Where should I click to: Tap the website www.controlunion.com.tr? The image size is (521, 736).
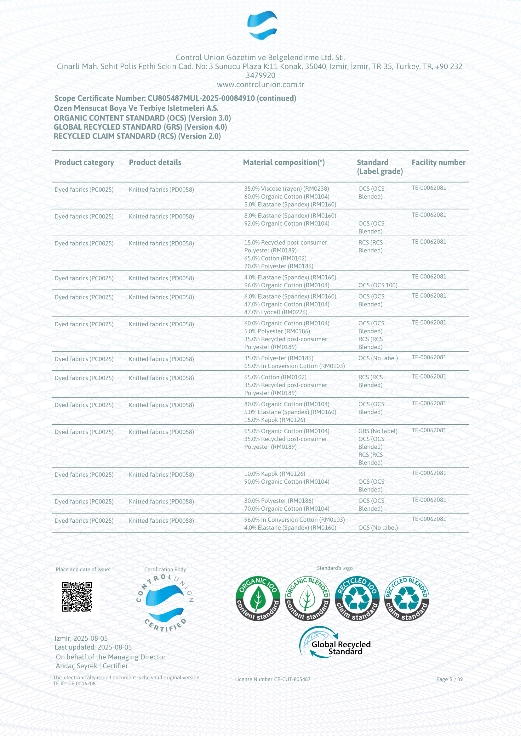click(x=260, y=85)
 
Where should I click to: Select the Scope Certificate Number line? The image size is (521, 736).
click(x=175, y=98)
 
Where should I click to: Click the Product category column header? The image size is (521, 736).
click(x=84, y=162)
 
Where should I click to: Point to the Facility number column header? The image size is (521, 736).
click(x=438, y=162)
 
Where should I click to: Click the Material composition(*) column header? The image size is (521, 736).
click(x=283, y=162)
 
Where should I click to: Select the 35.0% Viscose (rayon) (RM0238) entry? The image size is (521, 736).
click(x=286, y=189)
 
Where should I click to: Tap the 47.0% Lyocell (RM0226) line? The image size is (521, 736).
click(x=276, y=312)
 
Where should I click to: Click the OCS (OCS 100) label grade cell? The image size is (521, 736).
click(x=378, y=285)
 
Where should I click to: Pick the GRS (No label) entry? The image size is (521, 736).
click(x=378, y=431)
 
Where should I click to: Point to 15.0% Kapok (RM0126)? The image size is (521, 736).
click(x=275, y=420)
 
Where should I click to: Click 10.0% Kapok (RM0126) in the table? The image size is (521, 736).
click(x=275, y=474)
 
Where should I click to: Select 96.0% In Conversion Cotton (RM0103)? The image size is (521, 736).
click(x=294, y=520)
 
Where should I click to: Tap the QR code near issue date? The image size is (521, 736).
click(x=77, y=597)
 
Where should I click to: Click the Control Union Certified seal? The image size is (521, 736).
click(x=165, y=603)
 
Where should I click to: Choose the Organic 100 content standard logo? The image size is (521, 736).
click(x=258, y=599)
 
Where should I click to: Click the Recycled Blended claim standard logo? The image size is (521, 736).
click(x=406, y=599)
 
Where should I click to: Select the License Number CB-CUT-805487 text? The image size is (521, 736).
click(x=272, y=679)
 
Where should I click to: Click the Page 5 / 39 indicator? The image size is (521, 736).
click(x=449, y=679)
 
